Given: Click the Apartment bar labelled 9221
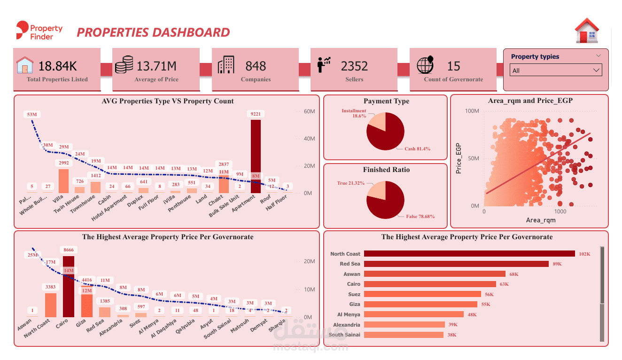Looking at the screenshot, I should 256,155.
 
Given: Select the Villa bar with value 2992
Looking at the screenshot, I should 63,181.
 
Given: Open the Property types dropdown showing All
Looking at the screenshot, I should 556,70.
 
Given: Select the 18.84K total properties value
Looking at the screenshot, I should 57,66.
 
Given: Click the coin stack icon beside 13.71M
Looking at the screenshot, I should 124,65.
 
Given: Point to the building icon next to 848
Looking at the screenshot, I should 226,65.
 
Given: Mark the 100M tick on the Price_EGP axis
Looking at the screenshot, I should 472,111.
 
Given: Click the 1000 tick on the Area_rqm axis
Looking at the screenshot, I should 560,211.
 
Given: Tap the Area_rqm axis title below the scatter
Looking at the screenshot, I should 540,220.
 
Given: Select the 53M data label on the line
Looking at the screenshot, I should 32,114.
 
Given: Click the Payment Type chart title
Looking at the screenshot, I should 386,101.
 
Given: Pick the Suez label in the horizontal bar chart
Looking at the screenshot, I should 354,294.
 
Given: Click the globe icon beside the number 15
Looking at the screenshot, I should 425,65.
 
